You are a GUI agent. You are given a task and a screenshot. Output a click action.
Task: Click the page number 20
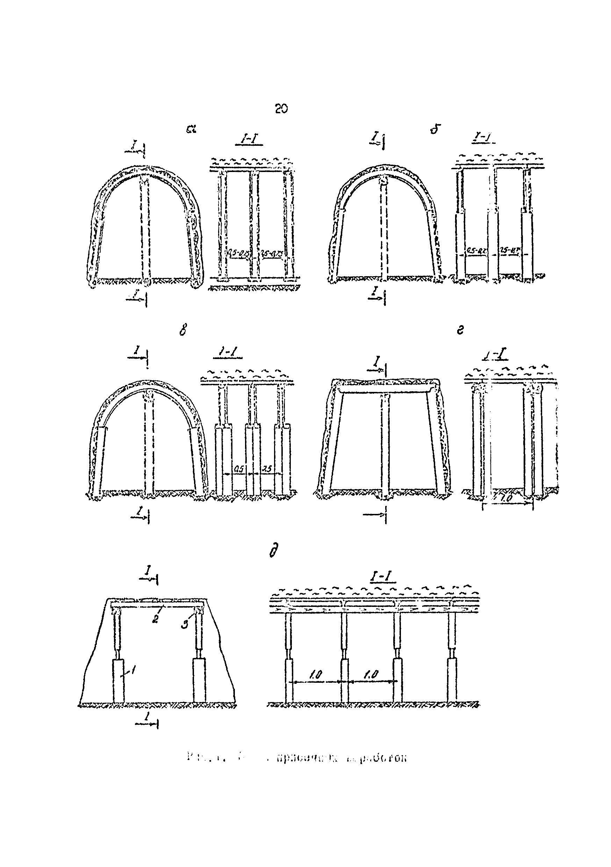[281, 109]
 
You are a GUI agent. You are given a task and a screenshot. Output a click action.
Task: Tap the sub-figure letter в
[183, 331]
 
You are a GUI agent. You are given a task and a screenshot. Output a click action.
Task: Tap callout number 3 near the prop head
[184, 624]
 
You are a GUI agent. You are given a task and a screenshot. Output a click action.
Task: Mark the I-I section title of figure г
[495, 355]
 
